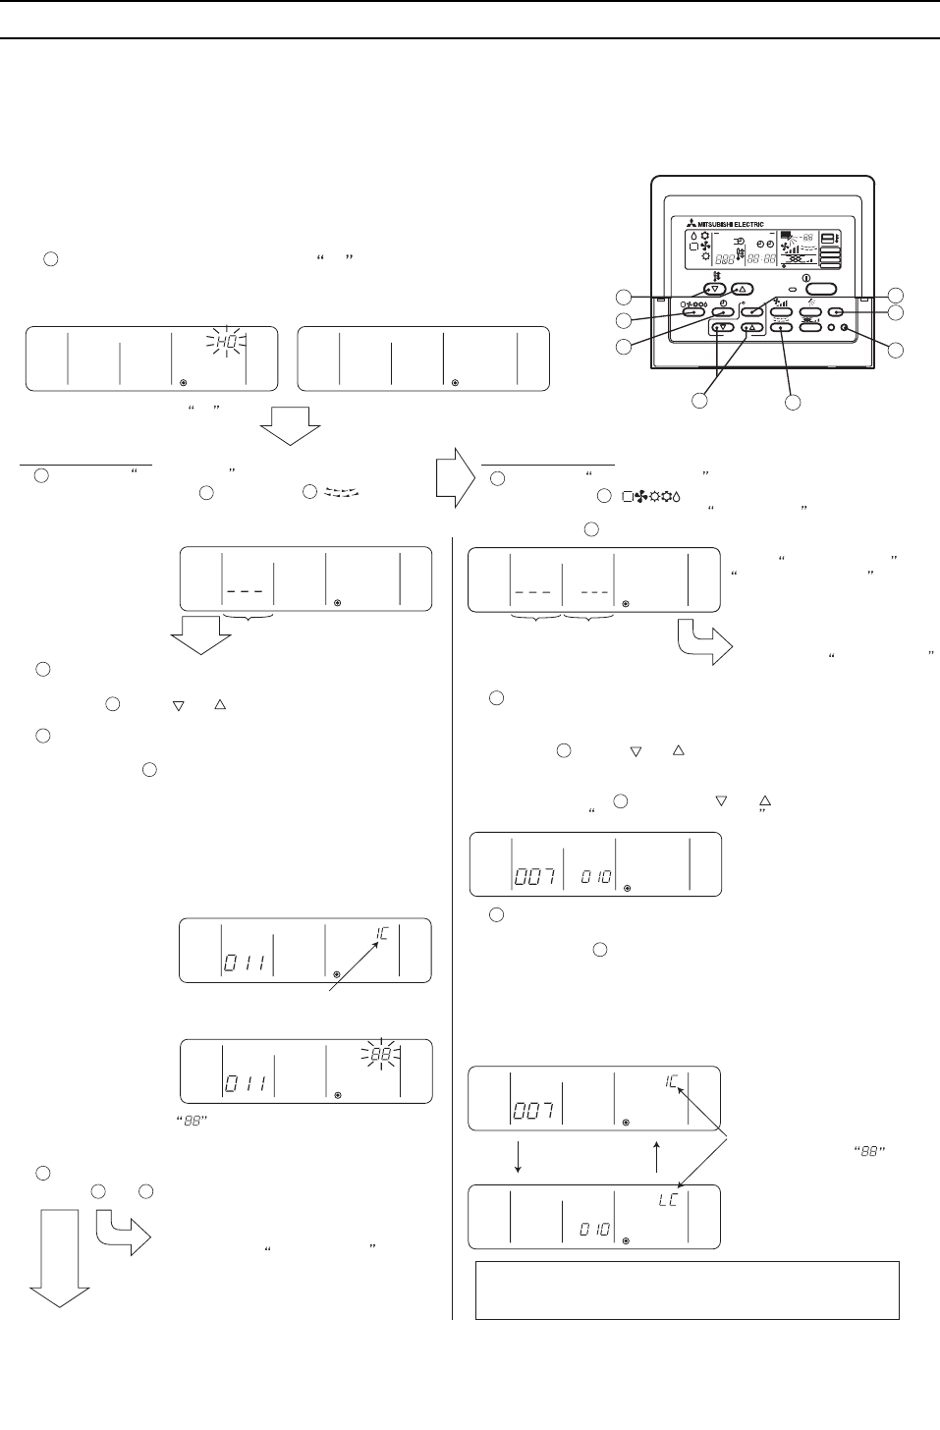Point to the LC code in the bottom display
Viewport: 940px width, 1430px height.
click(668, 1199)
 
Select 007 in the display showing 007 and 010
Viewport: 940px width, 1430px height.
click(535, 877)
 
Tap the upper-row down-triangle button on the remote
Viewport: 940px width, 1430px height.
click(714, 290)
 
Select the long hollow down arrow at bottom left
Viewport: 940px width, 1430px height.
click(59, 1258)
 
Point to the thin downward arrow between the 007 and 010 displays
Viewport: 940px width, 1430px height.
click(518, 1157)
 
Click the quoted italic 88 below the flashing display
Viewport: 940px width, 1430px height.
click(193, 1121)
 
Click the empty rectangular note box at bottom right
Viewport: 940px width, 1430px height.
click(687, 1290)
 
